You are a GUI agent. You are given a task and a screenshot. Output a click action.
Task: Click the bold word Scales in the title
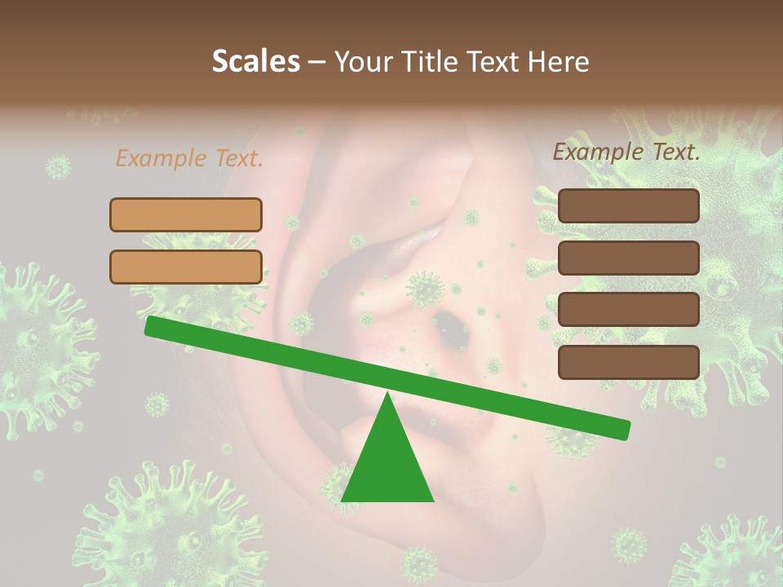click(255, 62)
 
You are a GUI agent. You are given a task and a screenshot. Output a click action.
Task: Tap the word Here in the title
click(559, 62)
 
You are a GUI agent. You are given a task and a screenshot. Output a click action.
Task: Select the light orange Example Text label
click(189, 158)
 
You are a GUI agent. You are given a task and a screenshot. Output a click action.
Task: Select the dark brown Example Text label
click(626, 151)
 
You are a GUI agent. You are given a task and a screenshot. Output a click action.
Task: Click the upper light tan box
click(186, 214)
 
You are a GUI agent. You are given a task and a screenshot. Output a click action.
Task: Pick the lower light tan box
click(186, 267)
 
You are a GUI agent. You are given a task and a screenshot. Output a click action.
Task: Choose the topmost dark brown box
click(629, 206)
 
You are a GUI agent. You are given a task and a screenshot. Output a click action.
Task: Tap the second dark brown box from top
click(629, 258)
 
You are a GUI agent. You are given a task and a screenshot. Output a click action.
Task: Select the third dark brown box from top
click(629, 309)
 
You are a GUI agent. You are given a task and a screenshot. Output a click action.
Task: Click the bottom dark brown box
click(629, 362)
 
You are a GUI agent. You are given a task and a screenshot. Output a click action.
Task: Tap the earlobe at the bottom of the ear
click(489, 530)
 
